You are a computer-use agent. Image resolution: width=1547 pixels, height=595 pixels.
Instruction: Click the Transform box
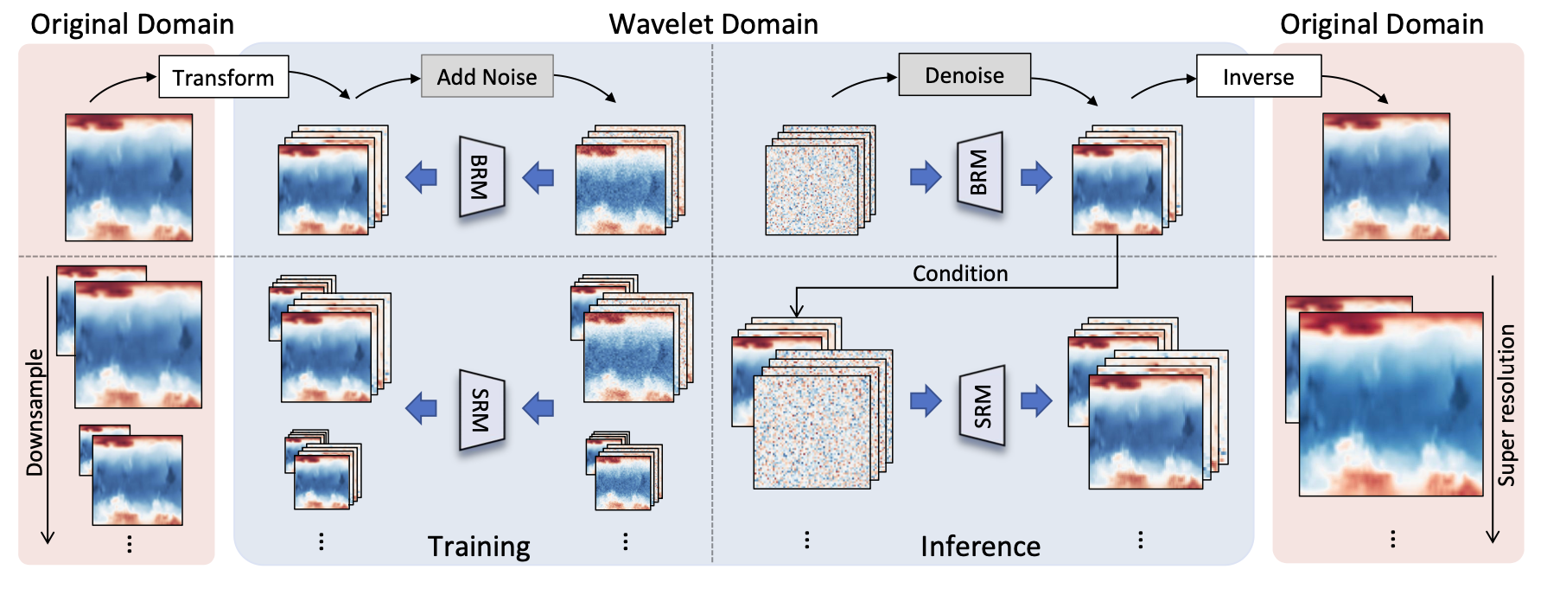223,78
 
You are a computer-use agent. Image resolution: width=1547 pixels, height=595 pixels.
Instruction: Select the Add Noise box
487,77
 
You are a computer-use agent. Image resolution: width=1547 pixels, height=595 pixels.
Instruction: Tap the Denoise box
964,75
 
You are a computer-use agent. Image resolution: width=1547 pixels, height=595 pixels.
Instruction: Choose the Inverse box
1258,77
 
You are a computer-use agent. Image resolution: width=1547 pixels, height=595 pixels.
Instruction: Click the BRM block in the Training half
481,177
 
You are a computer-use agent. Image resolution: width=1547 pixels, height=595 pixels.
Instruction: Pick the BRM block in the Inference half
979,172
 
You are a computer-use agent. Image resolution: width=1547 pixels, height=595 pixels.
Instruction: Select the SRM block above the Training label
481,410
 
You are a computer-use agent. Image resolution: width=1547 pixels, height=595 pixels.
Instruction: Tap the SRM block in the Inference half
983,406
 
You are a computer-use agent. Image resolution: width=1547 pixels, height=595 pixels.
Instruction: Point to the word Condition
960,273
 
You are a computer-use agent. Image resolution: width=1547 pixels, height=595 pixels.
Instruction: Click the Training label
479,547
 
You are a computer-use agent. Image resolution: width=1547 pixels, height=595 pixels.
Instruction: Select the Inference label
980,547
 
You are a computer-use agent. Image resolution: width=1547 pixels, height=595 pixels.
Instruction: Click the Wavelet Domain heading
713,24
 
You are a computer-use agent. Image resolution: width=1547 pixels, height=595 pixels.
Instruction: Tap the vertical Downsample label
35,413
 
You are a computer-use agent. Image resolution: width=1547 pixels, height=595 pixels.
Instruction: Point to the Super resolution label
1506,405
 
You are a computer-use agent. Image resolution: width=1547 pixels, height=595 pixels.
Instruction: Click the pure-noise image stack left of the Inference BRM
817,183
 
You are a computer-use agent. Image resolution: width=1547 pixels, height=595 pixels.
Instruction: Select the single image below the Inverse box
1386,176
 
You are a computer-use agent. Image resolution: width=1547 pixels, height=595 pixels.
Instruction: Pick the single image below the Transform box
129,177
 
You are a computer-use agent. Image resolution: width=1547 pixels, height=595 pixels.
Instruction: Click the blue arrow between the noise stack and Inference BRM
926,177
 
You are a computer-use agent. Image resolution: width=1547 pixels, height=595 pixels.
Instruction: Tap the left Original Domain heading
132,24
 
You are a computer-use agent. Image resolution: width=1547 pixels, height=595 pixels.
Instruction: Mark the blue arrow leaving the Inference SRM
1036,400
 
